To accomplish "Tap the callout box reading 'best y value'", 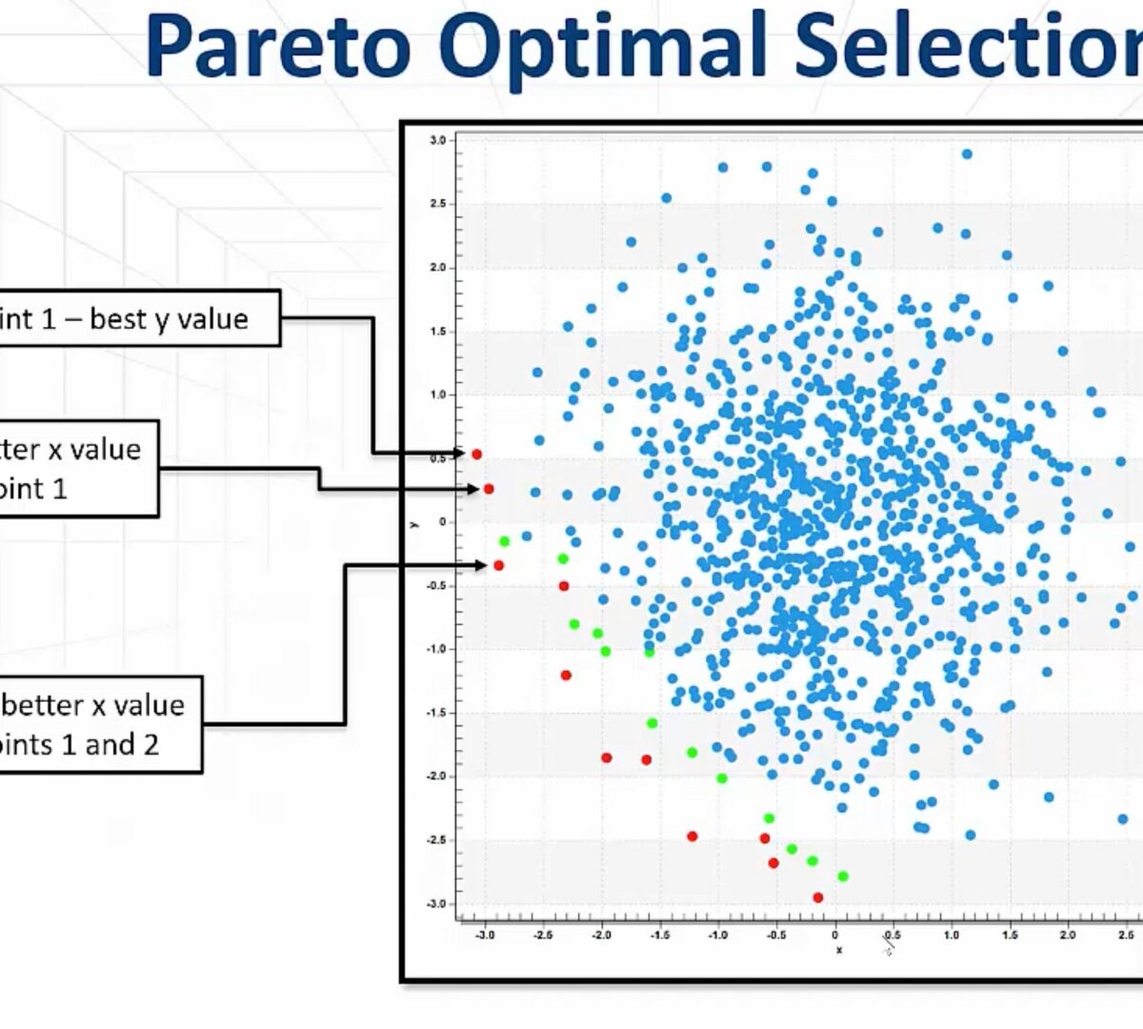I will pyautogui.click(x=138, y=318).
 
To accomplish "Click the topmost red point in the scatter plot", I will pyautogui.click(x=476, y=454).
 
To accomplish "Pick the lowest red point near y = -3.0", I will pyautogui.click(x=817, y=898).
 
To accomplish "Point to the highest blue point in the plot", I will pyautogui.click(x=967, y=154).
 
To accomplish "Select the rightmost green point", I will pyautogui.click(x=842, y=877).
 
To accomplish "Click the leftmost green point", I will pyautogui.click(x=504, y=541).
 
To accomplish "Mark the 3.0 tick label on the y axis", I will pyautogui.click(x=437, y=140).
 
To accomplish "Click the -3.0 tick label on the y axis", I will pyautogui.click(x=435, y=904).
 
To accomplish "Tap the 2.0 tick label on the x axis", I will pyautogui.click(x=1068, y=936).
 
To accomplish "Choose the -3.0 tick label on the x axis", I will pyautogui.click(x=484, y=936).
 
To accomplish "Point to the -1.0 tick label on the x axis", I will pyautogui.click(x=717, y=936).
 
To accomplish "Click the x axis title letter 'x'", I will pyautogui.click(x=838, y=950).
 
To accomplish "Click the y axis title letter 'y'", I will pyautogui.click(x=413, y=523).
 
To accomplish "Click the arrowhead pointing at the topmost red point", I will pyautogui.click(x=460, y=454).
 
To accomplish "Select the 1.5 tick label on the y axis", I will pyautogui.click(x=437, y=332).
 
